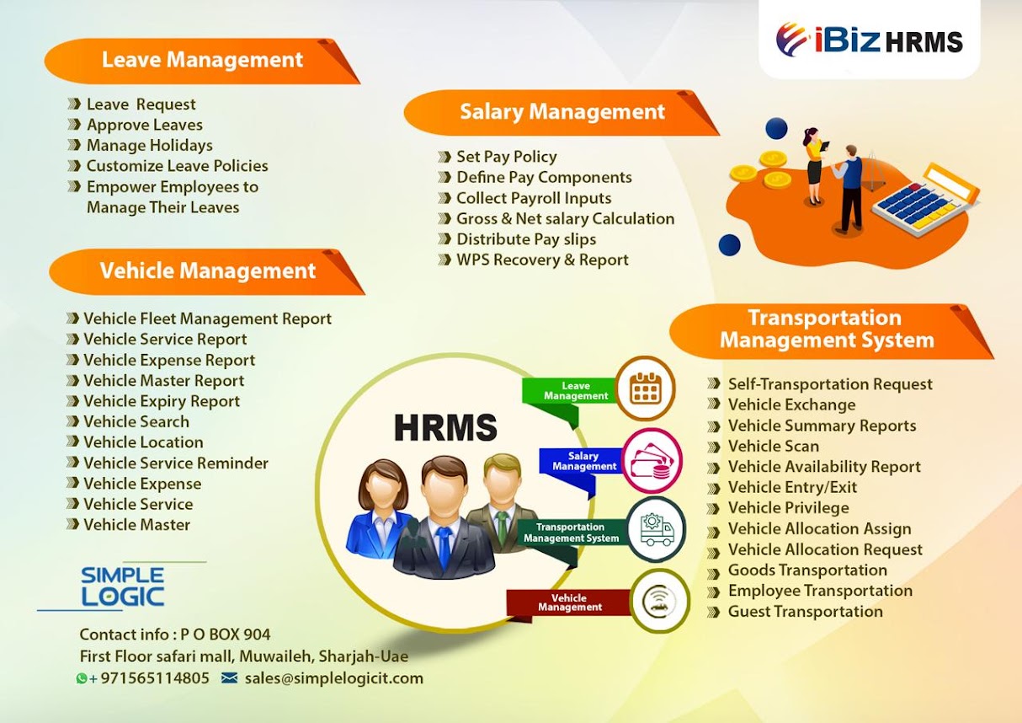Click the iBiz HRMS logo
869,40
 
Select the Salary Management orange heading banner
562,113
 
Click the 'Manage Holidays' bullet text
150,145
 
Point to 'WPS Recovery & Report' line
542,260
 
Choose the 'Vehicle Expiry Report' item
162,401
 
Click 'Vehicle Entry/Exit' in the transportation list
792,487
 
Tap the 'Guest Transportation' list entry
806,611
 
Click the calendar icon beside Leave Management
645,388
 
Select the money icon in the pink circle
652,461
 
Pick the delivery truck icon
657,529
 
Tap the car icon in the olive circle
659,601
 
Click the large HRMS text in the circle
445,427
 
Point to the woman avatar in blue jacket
380,508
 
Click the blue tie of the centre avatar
443,546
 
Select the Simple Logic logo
122,586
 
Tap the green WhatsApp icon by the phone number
82,678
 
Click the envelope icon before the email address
229,677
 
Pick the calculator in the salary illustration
925,201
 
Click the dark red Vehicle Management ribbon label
568,602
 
